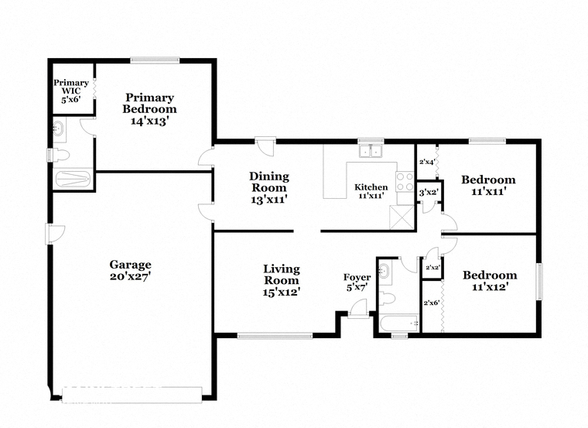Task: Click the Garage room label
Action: click(130, 270)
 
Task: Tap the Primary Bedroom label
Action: click(149, 109)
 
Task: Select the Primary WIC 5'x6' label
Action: click(71, 91)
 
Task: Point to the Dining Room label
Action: click(269, 187)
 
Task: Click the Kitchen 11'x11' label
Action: click(371, 191)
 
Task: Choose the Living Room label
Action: click(282, 280)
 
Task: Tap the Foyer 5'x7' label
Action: click(357, 282)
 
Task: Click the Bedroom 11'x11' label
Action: click(488, 186)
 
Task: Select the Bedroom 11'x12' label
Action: click(490, 281)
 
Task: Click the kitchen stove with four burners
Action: click(405, 182)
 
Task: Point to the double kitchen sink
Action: click(370, 151)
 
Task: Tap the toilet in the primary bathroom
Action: click(60, 155)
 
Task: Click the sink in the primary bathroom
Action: click(58, 128)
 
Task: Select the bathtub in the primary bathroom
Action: click(73, 179)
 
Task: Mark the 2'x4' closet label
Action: click(427, 163)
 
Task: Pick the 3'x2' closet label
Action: click(429, 193)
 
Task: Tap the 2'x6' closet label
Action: click(431, 303)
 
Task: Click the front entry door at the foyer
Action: click(358, 310)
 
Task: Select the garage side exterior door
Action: click(55, 234)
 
